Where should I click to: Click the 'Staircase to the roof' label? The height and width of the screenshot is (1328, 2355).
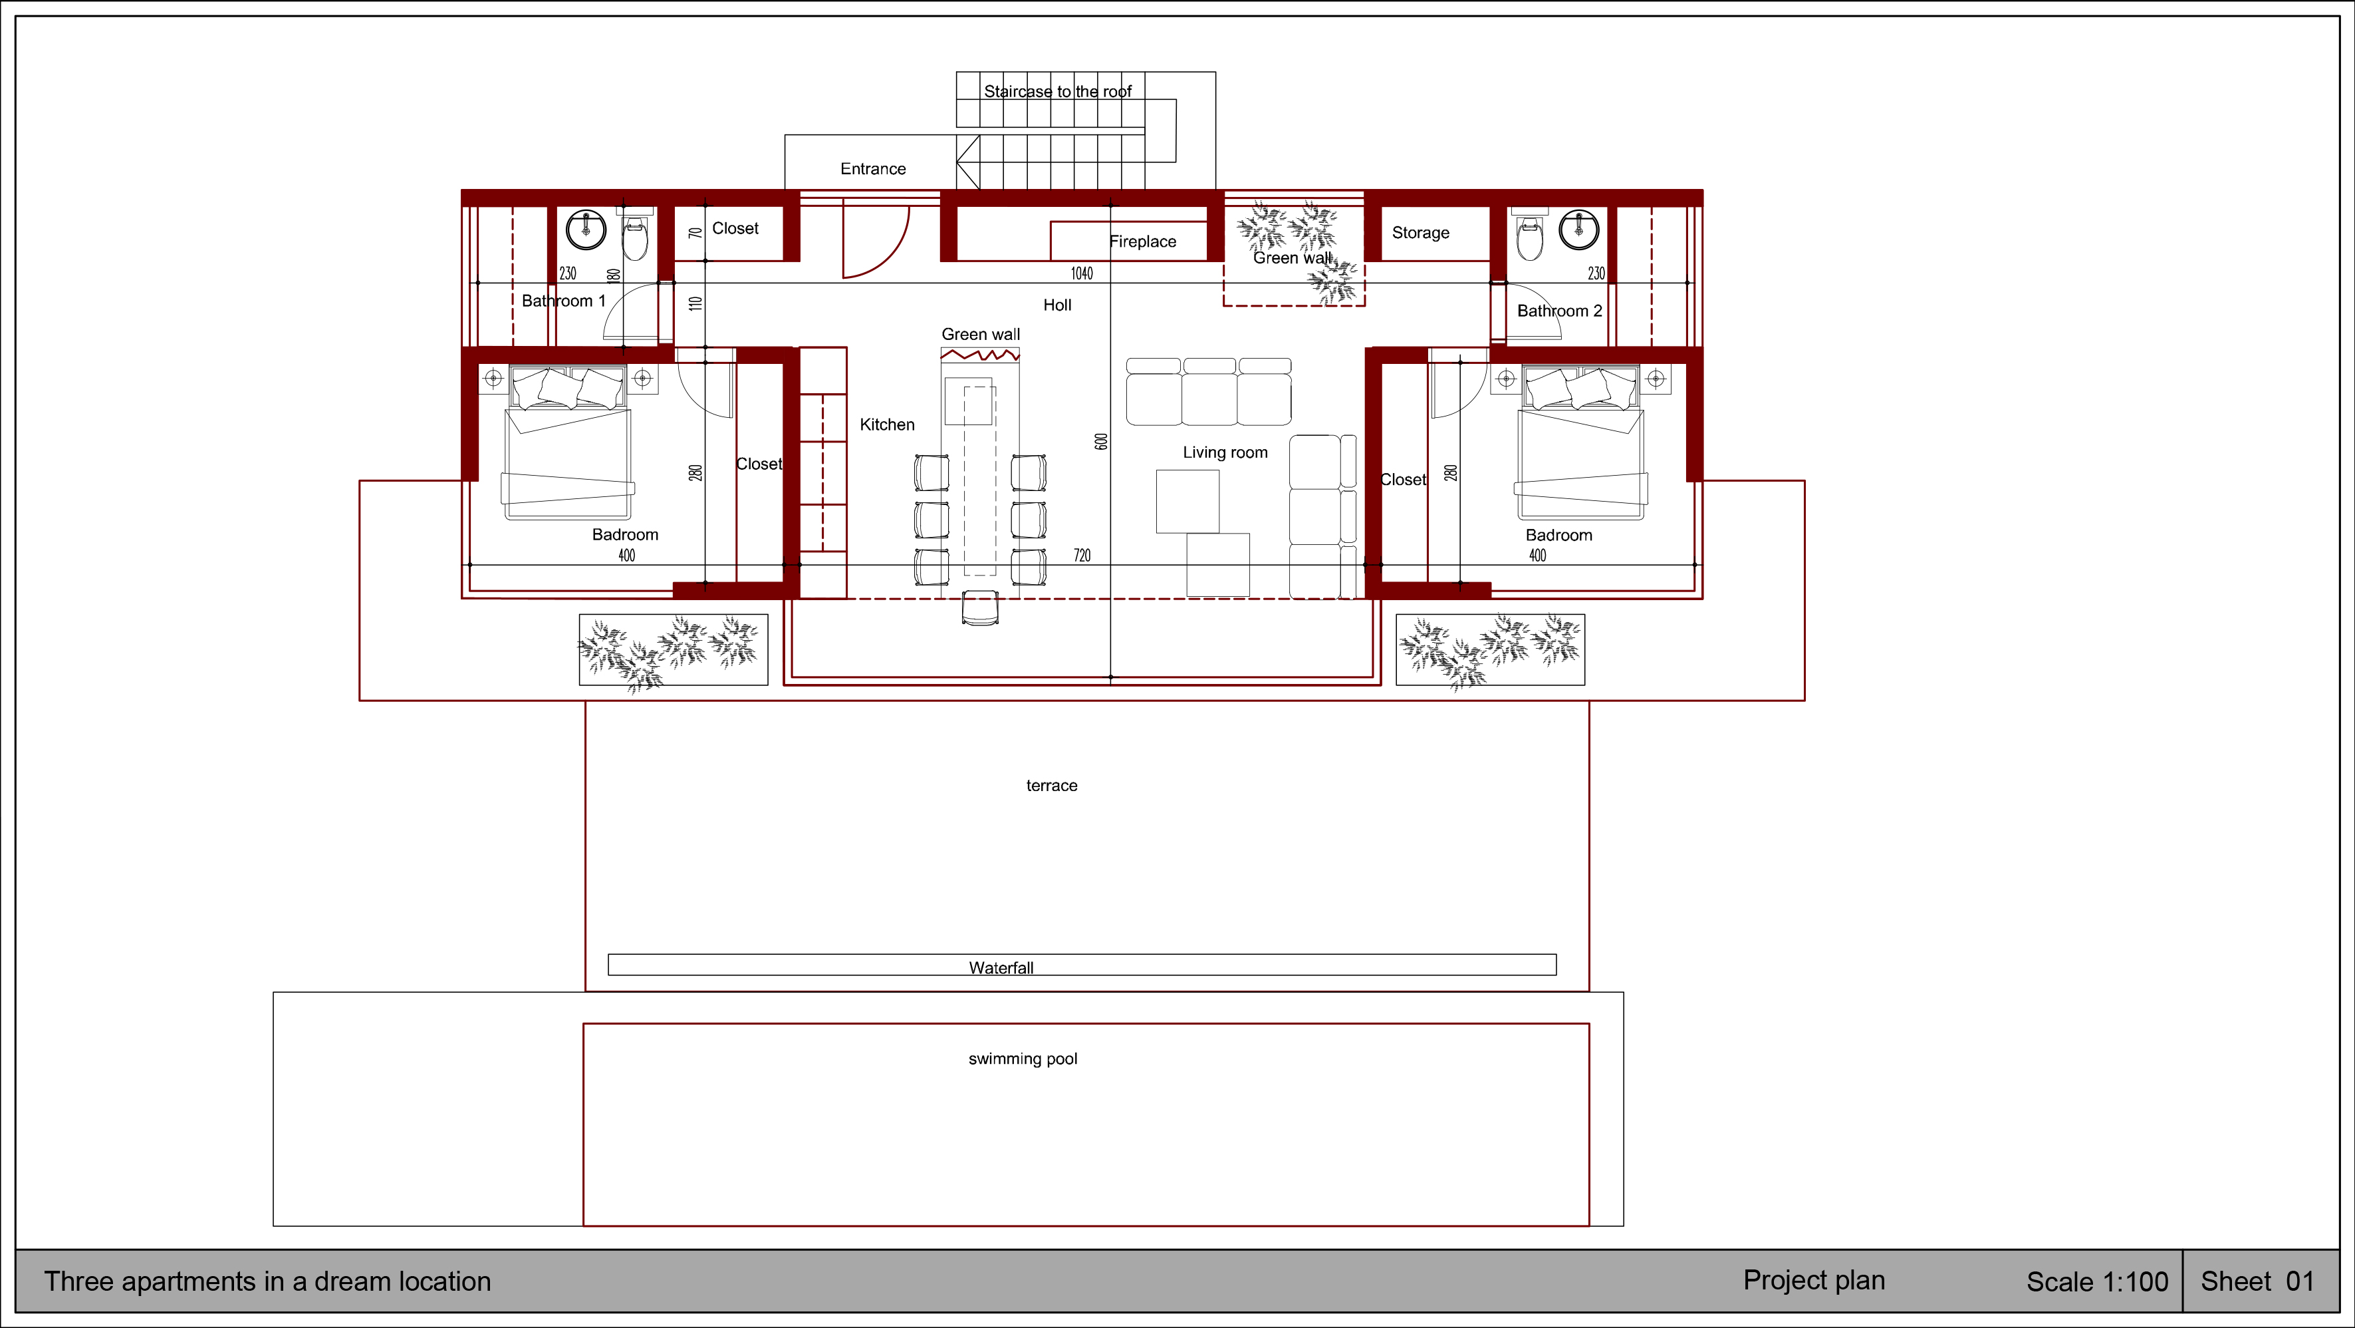[1058, 91]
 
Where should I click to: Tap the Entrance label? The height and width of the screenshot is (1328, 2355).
[873, 169]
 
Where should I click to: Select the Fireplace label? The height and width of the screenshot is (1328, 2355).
[1143, 242]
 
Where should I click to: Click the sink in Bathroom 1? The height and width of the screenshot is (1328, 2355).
[586, 230]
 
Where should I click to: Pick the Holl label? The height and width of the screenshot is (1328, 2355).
[1058, 305]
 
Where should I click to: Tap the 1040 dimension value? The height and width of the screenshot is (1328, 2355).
[1082, 273]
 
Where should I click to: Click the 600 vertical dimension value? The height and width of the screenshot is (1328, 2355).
[1102, 442]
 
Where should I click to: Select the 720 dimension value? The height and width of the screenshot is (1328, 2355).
[1082, 555]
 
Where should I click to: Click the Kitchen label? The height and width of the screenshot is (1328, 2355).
[887, 424]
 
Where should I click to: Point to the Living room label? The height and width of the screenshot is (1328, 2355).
[1225, 452]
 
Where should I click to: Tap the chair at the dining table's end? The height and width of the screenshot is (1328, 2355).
[980, 608]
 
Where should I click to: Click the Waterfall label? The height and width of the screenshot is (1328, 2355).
[1001, 967]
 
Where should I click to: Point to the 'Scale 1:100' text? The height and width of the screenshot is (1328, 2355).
[2097, 1282]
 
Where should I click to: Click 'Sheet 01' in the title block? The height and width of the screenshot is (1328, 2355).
[2257, 1281]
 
